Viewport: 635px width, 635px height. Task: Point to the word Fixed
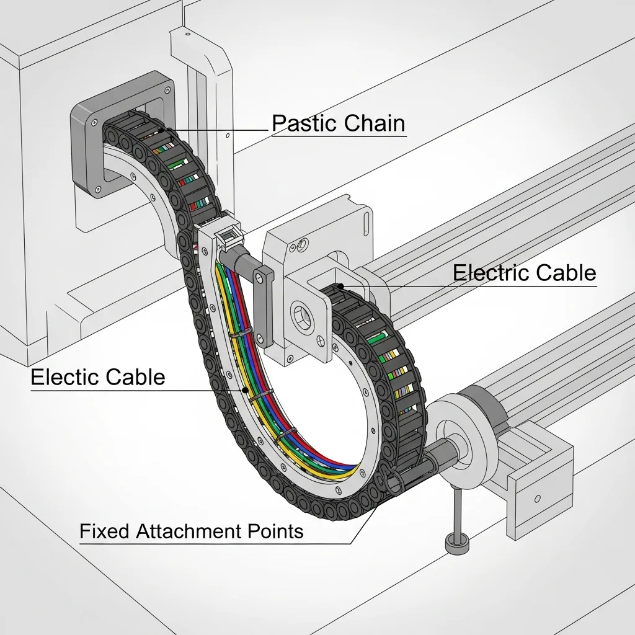coord(105,531)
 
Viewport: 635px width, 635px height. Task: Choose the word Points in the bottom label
coord(272,531)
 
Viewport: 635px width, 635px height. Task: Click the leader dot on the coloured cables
coord(246,391)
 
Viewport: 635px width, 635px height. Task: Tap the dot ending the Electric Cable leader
coord(342,285)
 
